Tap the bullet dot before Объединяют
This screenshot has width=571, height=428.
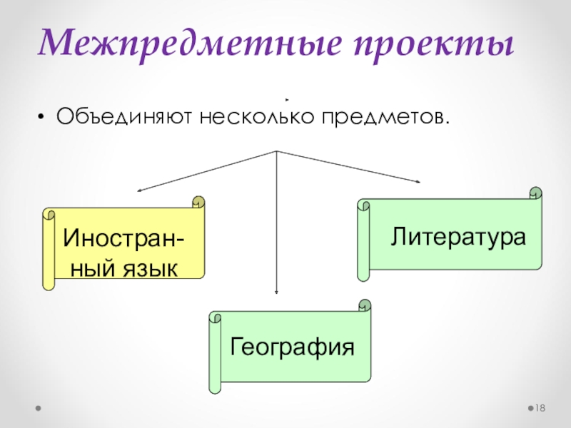click(x=44, y=116)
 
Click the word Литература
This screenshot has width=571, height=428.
click(x=458, y=235)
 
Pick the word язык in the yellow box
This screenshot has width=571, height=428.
click(x=149, y=267)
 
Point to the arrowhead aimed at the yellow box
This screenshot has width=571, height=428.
click(x=140, y=190)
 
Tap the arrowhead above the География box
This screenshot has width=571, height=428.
click(x=276, y=292)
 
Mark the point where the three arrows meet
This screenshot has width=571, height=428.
click(x=276, y=151)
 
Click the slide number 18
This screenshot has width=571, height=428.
click(x=540, y=408)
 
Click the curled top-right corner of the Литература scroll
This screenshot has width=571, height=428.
click(x=535, y=193)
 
